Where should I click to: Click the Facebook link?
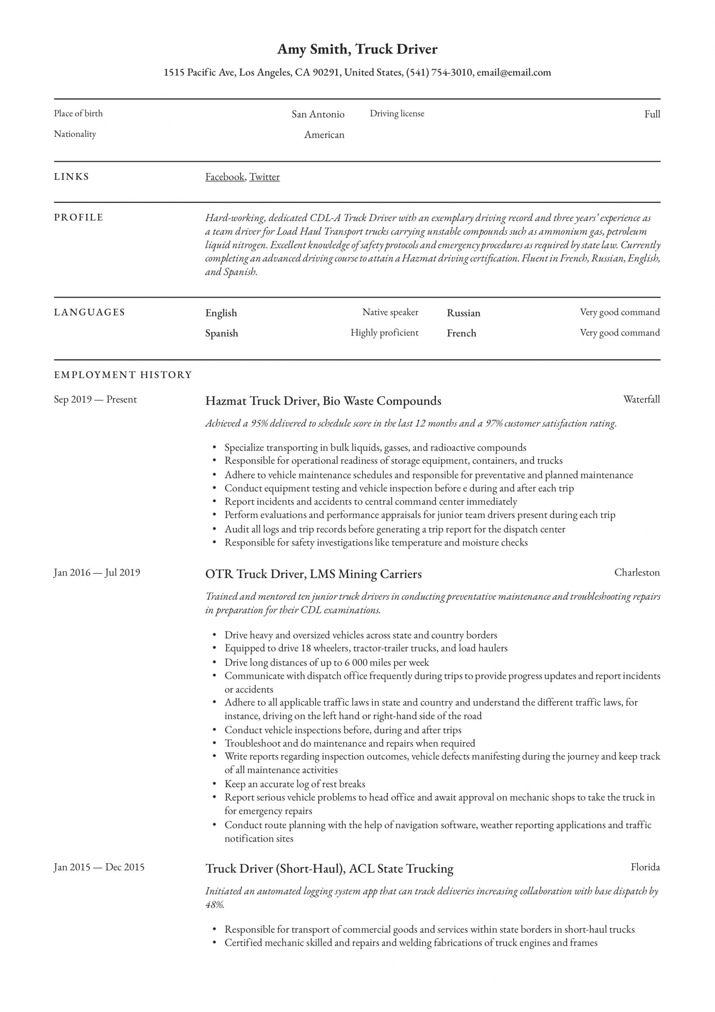pyautogui.click(x=225, y=177)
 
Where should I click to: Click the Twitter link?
pyautogui.click(x=264, y=177)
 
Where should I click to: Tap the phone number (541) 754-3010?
pyautogui.click(x=439, y=72)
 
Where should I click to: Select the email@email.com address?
pyautogui.click(x=514, y=72)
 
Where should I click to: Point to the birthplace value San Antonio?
pyautogui.click(x=318, y=114)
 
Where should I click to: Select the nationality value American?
pyautogui.click(x=324, y=134)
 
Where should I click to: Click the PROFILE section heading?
pyautogui.click(x=79, y=217)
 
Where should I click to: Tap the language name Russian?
pyautogui.click(x=463, y=313)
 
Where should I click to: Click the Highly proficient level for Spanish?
pyautogui.click(x=384, y=333)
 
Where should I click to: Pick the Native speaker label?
pyautogui.click(x=390, y=312)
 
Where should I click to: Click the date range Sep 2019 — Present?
pyautogui.click(x=95, y=399)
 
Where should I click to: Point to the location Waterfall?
pyautogui.click(x=642, y=399)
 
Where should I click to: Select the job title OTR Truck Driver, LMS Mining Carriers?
pyautogui.click(x=313, y=574)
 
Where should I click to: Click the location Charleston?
pyautogui.click(x=637, y=572)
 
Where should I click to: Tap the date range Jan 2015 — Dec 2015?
pyautogui.click(x=99, y=867)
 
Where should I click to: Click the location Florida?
pyautogui.click(x=645, y=867)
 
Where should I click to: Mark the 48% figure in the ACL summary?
pyautogui.click(x=214, y=904)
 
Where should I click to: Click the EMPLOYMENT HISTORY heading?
pyautogui.click(x=123, y=375)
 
